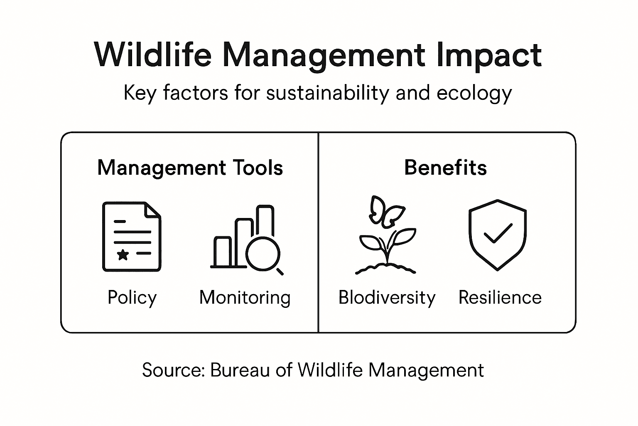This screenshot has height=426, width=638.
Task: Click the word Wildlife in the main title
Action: tap(153, 55)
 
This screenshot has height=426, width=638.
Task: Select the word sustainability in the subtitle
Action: tap(327, 93)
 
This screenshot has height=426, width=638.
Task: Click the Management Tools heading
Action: tap(190, 168)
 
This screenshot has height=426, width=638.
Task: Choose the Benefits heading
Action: tap(445, 168)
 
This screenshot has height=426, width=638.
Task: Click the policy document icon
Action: tap(132, 236)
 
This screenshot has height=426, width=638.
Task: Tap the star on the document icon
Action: tap(123, 254)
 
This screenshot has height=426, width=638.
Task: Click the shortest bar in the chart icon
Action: tap(222, 251)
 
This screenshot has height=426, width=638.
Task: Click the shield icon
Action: tap(497, 235)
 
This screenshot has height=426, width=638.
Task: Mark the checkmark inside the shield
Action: tap(498, 234)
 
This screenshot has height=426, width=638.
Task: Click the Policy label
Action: tap(132, 298)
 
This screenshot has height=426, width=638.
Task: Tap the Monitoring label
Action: tap(245, 298)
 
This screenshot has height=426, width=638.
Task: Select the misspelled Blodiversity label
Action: tap(387, 298)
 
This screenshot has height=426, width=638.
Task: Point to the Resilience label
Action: tap(500, 298)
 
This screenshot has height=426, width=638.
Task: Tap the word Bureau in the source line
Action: tap(240, 370)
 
